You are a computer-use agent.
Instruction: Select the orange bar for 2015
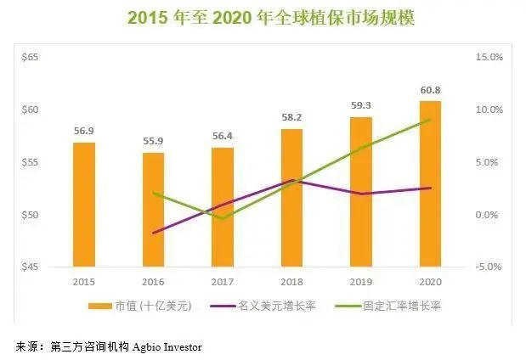click(x=84, y=205)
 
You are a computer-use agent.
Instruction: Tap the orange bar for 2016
click(x=154, y=210)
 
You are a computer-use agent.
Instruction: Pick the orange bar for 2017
click(x=223, y=207)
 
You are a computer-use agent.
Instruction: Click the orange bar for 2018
click(x=291, y=198)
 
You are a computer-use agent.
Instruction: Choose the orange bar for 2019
click(x=360, y=192)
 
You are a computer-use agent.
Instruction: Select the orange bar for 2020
click(x=430, y=183)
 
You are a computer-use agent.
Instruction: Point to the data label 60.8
click(x=430, y=91)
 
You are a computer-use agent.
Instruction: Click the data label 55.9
click(x=154, y=143)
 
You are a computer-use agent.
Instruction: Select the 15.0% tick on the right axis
click(x=489, y=57)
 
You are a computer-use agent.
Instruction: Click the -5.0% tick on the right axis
click(x=489, y=267)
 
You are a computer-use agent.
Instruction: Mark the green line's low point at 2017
click(x=223, y=219)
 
